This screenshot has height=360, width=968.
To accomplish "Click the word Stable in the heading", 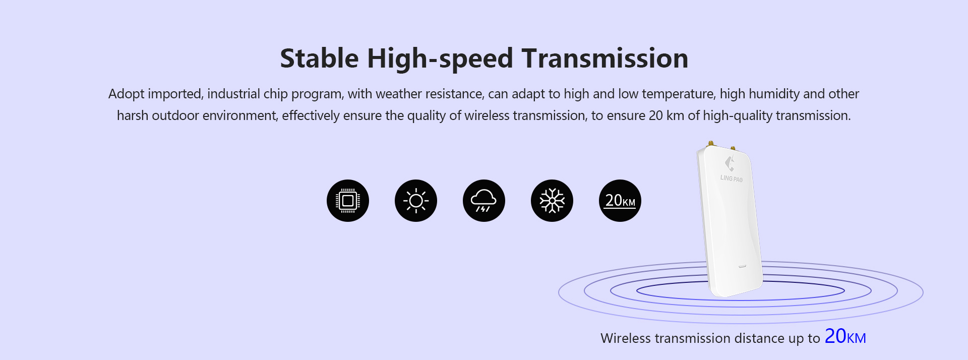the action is [x=319, y=58].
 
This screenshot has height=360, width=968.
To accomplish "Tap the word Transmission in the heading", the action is [x=605, y=58].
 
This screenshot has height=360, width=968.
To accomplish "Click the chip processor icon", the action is [x=348, y=201].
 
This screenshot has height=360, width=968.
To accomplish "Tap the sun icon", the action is [x=416, y=201].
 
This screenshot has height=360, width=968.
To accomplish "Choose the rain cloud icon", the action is [x=484, y=201].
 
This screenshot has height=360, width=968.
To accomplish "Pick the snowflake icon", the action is [x=552, y=201].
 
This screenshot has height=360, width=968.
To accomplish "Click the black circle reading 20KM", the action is [x=620, y=201].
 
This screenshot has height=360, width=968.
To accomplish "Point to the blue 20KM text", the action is [x=845, y=336].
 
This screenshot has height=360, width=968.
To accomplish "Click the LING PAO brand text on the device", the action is [x=731, y=178].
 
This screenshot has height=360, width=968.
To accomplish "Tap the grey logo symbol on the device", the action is [x=730, y=163].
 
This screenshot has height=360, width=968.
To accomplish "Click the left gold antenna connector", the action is [x=710, y=144].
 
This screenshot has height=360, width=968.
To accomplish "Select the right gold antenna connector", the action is [x=733, y=149].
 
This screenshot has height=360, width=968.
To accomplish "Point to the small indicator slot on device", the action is [x=742, y=266].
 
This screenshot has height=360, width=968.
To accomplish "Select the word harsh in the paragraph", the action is [x=133, y=115].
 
